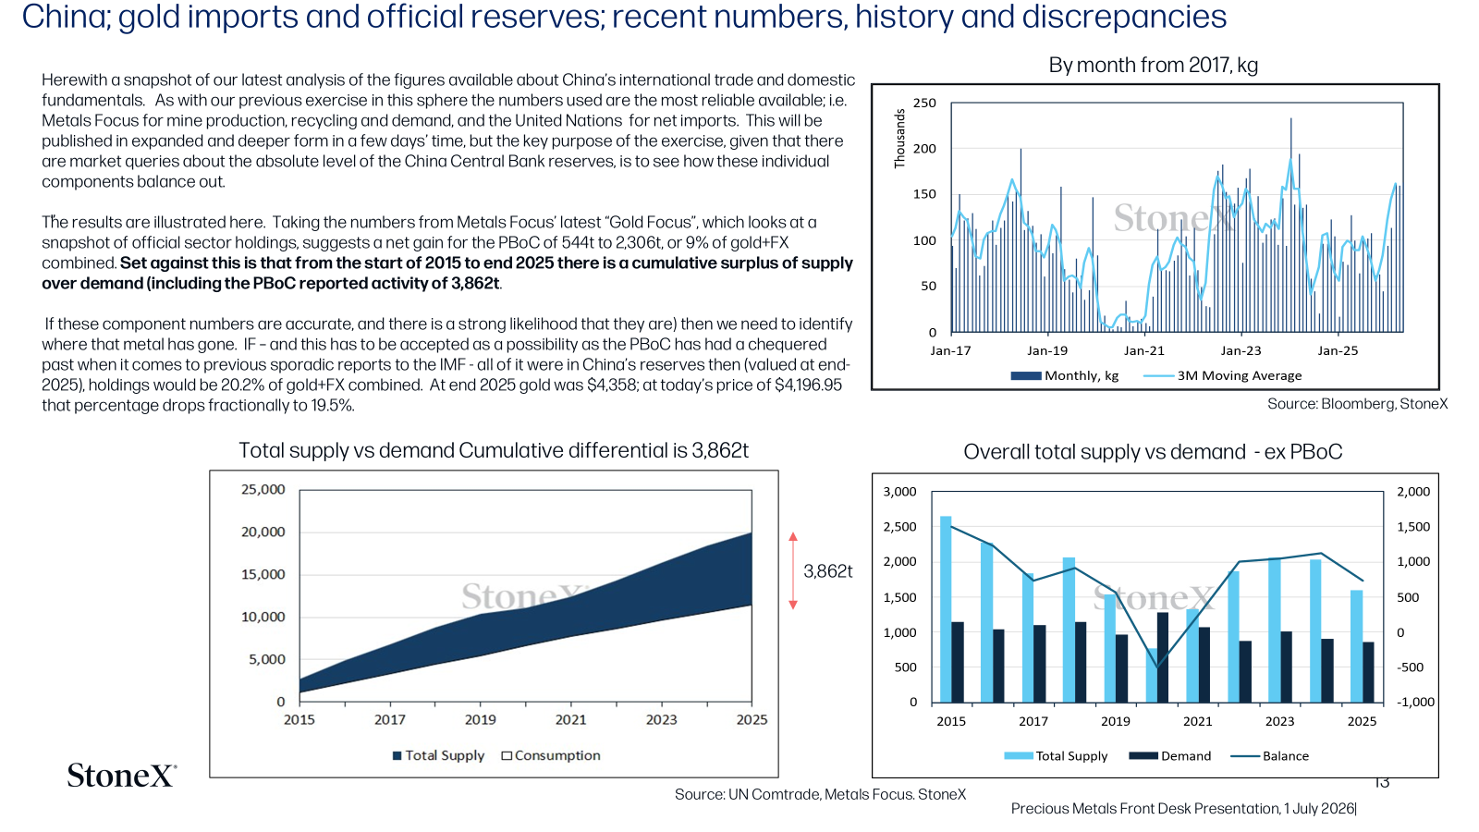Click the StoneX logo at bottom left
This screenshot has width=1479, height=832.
click(122, 776)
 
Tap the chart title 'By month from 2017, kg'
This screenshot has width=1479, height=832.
click(1153, 66)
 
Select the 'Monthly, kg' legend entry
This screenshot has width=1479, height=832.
click(1064, 375)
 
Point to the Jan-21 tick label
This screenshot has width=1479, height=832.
click(1144, 350)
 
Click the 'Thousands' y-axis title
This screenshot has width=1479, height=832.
click(899, 139)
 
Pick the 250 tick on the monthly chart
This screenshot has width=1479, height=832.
click(924, 103)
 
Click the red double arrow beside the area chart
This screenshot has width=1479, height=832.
click(793, 570)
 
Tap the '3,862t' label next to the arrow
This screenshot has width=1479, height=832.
click(828, 571)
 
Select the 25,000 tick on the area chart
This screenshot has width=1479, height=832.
click(263, 489)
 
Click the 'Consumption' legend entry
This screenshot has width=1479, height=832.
click(551, 755)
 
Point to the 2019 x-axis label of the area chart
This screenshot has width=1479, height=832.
click(480, 720)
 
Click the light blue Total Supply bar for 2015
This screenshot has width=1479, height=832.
click(946, 609)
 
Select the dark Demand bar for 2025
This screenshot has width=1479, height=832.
click(1368, 672)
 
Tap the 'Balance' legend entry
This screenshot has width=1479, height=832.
click(1270, 756)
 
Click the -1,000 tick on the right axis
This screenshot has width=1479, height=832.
click(1415, 702)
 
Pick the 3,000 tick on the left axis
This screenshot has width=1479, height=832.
click(900, 492)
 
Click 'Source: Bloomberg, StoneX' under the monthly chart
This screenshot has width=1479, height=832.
click(1358, 404)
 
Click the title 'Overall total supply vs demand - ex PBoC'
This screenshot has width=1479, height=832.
click(1153, 452)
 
